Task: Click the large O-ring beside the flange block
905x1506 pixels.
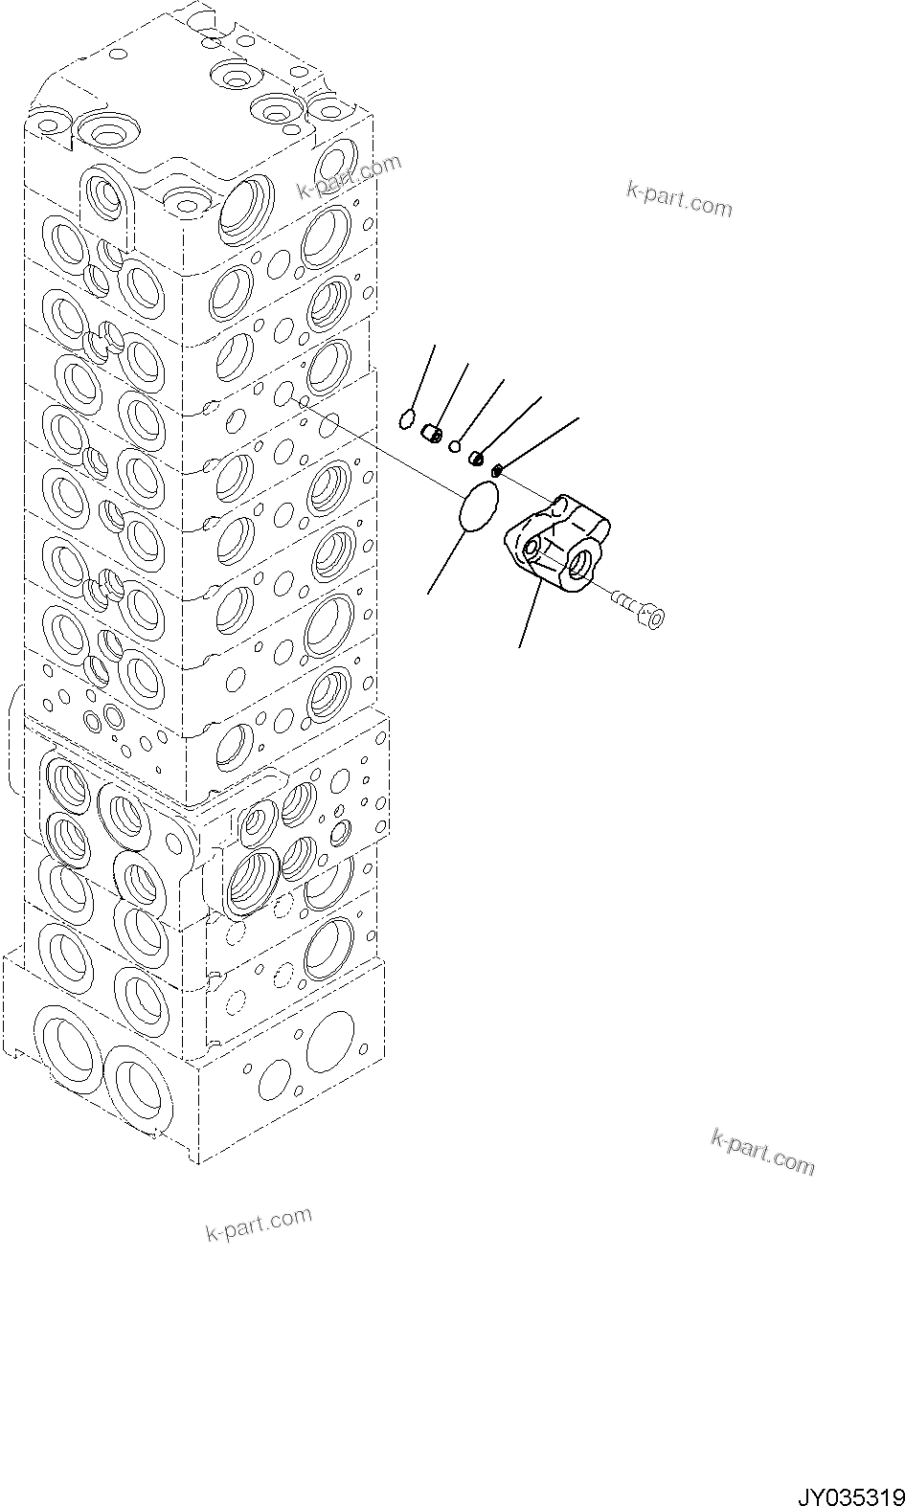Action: coord(479,506)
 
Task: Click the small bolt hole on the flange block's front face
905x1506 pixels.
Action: coord(530,550)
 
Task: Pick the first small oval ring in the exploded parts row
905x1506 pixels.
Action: coord(407,417)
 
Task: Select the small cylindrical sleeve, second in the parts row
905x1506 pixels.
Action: coord(432,436)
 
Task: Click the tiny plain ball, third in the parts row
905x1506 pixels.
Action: coord(456,445)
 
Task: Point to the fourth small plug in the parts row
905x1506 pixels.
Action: coord(476,459)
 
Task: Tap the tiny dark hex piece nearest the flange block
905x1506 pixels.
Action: coord(497,469)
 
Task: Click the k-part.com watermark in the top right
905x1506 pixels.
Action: coord(678,198)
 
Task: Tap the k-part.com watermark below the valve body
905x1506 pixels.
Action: coord(259,1223)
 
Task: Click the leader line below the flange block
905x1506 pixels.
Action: coord(529,618)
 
